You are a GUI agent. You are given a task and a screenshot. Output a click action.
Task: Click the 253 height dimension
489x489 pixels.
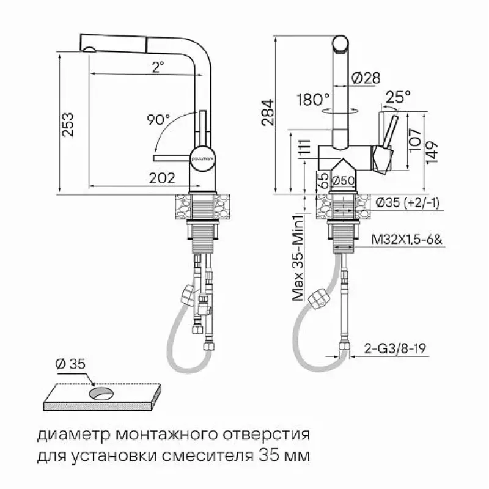click(68, 125)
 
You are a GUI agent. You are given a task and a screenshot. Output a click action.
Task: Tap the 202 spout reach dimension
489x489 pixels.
click(162, 178)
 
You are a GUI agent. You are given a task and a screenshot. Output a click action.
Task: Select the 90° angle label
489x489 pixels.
click(158, 119)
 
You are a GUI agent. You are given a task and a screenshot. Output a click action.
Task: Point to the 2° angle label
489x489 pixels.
click(158, 67)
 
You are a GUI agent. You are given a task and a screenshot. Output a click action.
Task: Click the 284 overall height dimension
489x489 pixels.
click(268, 112)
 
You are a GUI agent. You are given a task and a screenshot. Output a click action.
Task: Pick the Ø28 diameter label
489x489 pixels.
click(366, 78)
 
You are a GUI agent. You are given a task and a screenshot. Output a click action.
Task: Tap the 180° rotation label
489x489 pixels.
click(313, 100)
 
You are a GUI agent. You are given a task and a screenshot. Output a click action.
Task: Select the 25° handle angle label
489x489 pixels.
click(398, 97)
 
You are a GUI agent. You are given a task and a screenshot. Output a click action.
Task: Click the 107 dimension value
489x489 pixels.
click(415, 140)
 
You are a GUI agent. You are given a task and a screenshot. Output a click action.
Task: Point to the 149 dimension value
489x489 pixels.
click(432, 152)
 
